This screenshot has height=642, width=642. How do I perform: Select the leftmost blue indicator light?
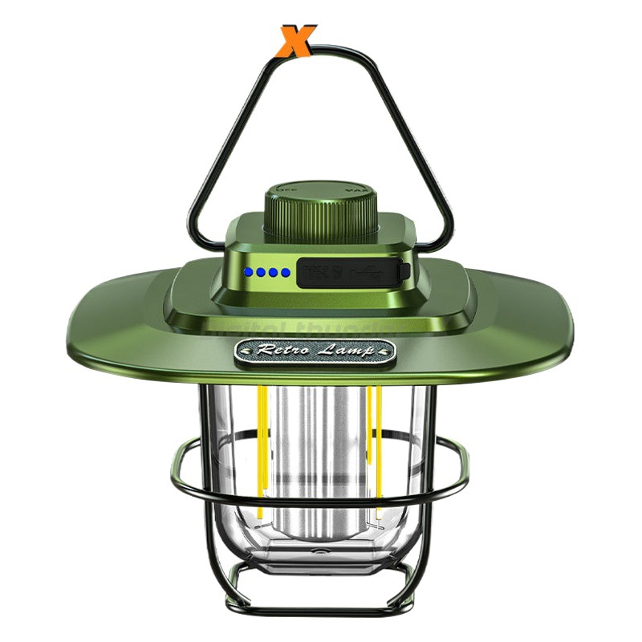[250, 273]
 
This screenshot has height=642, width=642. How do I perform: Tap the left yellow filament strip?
[261, 449]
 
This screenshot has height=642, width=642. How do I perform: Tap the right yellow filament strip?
[374, 449]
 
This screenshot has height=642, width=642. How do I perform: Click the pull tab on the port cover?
[405, 271]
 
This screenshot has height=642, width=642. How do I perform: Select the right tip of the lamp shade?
[571, 321]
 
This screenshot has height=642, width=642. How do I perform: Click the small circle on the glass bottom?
[323, 555]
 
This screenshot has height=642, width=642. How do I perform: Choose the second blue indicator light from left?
[262, 273]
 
